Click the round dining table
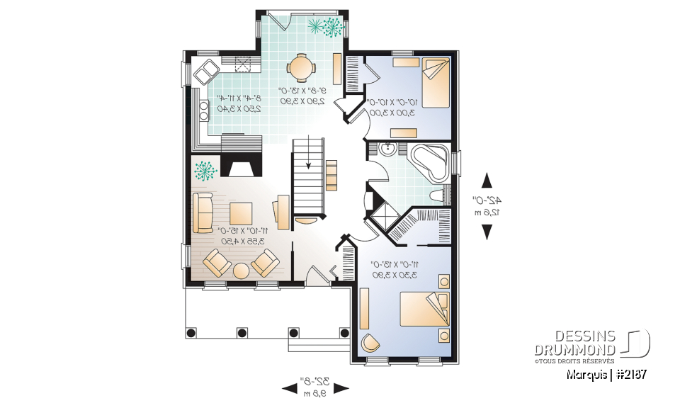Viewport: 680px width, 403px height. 301,68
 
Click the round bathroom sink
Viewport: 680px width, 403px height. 388,150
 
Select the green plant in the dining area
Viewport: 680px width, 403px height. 328,27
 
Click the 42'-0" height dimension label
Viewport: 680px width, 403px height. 487,205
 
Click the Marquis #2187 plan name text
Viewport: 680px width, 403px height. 606,373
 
